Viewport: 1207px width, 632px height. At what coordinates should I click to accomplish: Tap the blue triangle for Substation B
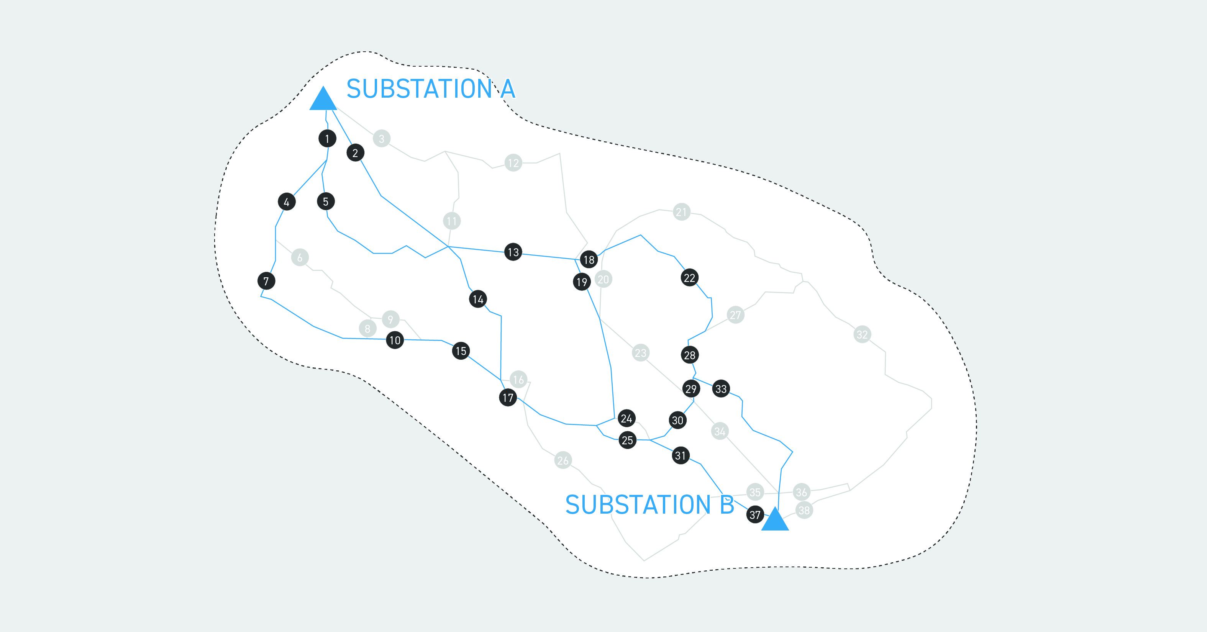point(775,521)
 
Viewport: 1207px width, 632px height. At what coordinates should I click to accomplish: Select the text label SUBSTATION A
point(430,88)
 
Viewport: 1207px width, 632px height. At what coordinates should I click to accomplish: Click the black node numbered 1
point(327,139)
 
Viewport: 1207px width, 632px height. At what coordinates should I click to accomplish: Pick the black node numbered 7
point(266,281)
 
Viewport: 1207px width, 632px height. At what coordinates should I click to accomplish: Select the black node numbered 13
point(513,252)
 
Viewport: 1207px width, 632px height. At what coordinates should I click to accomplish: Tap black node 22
point(689,278)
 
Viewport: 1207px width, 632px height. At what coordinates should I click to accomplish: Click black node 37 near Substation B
point(755,514)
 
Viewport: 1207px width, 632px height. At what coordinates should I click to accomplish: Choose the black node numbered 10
point(395,340)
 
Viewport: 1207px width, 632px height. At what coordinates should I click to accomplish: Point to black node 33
point(721,388)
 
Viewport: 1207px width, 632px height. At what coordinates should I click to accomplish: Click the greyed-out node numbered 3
point(381,139)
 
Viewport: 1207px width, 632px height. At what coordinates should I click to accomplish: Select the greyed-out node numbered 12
point(513,163)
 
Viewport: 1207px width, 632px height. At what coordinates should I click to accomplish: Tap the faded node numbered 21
point(681,212)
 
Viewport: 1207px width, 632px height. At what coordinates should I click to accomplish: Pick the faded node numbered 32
point(862,334)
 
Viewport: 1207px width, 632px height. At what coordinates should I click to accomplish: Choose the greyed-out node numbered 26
point(563,460)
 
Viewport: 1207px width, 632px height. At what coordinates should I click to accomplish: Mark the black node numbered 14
point(478,299)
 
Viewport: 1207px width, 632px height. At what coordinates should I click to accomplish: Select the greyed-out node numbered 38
point(804,510)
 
